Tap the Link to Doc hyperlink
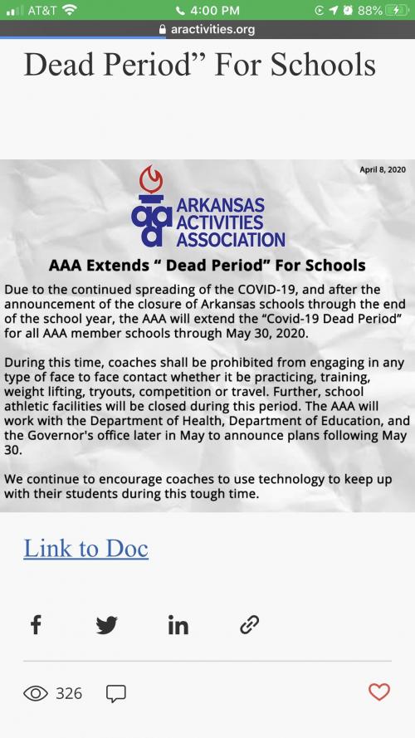pos(85,549)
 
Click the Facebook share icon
pos(36,624)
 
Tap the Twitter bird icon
pos(106,624)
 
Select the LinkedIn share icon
pos(178,624)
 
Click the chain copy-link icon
pos(249,624)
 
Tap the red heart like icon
pos(378,692)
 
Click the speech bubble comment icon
pos(116,692)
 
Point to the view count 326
pos(69,692)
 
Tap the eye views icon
pos(36,692)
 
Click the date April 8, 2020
pos(382,169)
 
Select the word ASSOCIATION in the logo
pos(230,240)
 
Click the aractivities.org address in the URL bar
pos(212,29)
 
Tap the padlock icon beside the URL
pos(162,29)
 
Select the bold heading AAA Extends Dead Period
pos(207,266)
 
